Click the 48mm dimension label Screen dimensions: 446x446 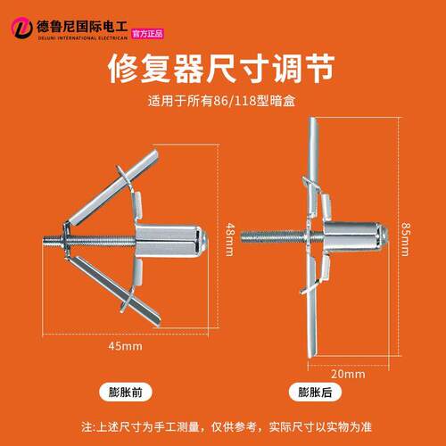pyautogui.click(x=229, y=239)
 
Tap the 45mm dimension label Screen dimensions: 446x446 pyautogui.click(x=125, y=346)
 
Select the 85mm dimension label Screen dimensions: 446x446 pyautogui.click(x=405, y=239)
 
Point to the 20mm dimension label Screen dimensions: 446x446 pyautogui.click(x=348, y=374)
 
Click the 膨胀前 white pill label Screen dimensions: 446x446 pyautogui.click(x=126, y=392)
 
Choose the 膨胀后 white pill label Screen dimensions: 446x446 pyautogui.click(x=315, y=392)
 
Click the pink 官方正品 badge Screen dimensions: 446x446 pyautogui.click(x=147, y=34)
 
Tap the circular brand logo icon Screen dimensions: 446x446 pyautogui.click(x=21, y=28)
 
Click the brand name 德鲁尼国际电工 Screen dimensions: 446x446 pyautogui.click(x=82, y=27)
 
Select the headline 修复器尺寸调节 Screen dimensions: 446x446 pyautogui.click(x=221, y=69)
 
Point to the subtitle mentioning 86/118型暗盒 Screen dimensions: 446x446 pyautogui.click(x=221, y=101)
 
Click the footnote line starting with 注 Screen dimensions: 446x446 pyautogui.click(x=227, y=427)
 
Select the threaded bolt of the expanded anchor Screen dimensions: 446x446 pyautogui.click(x=274, y=236)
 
